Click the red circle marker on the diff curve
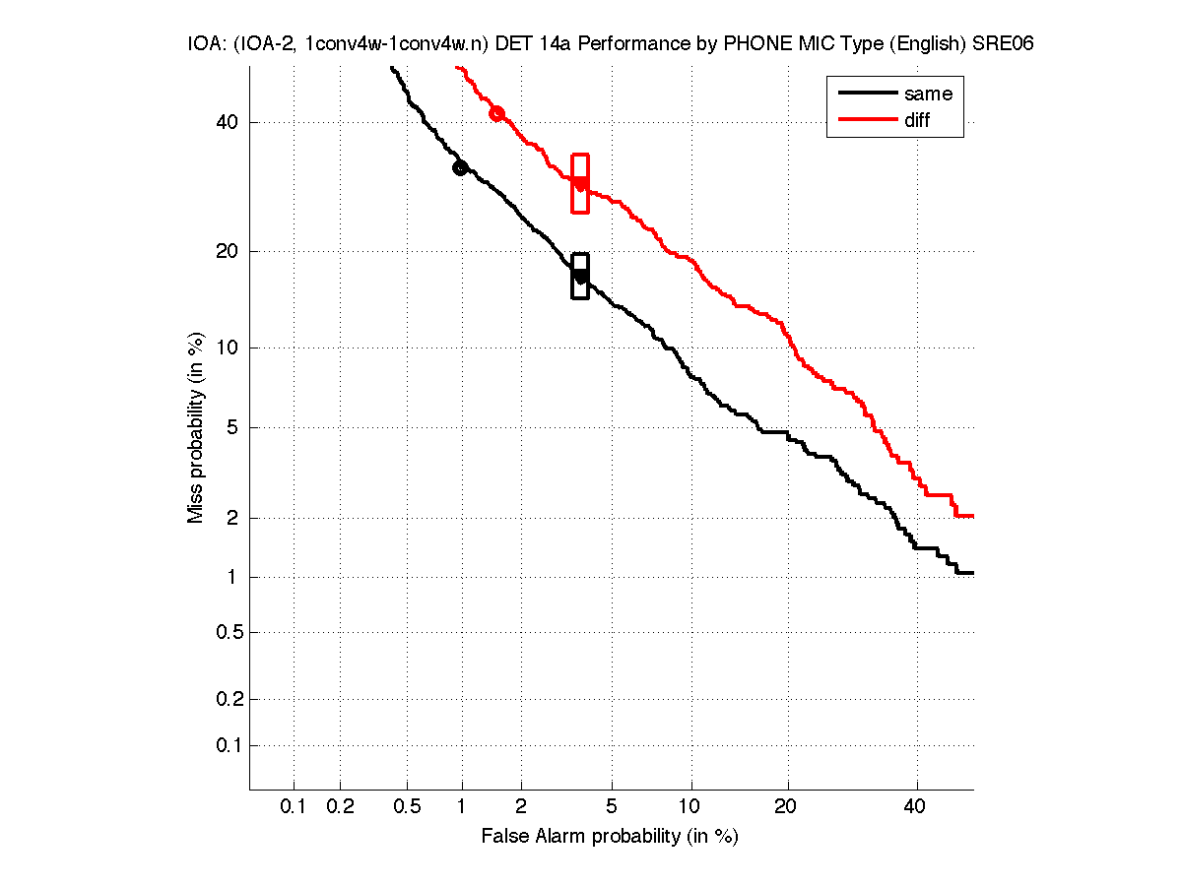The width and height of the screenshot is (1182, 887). tap(497, 114)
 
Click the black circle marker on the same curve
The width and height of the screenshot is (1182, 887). tap(459, 168)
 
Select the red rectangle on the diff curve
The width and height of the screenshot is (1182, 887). tap(580, 183)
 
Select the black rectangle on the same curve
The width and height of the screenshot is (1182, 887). tap(580, 276)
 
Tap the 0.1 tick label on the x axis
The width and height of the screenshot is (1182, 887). tap(294, 807)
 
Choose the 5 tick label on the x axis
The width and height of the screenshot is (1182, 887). tap(613, 807)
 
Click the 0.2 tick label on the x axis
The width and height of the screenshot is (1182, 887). tap(340, 807)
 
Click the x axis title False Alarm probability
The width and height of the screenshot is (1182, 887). tap(610, 837)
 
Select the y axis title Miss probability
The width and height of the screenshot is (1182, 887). tap(196, 426)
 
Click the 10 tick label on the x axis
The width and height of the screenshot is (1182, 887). tap(691, 807)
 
